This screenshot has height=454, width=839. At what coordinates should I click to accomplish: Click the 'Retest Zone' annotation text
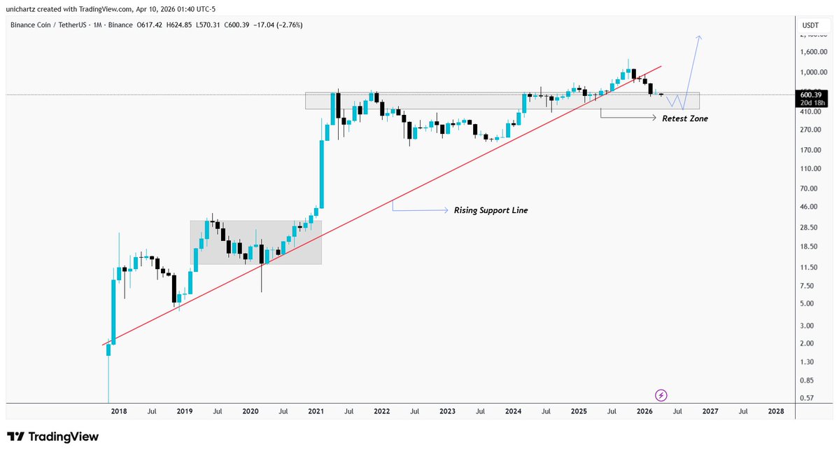click(x=685, y=119)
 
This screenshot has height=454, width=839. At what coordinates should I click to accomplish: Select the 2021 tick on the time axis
click(x=316, y=413)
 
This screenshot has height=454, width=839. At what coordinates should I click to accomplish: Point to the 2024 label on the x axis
click(x=513, y=413)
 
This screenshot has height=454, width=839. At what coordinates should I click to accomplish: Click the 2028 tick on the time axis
click(x=775, y=413)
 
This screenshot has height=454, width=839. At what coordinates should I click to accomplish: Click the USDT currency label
click(x=810, y=26)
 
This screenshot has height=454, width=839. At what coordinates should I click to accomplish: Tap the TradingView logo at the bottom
click(x=53, y=436)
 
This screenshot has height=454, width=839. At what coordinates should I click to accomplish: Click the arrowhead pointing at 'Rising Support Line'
click(x=446, y=210)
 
